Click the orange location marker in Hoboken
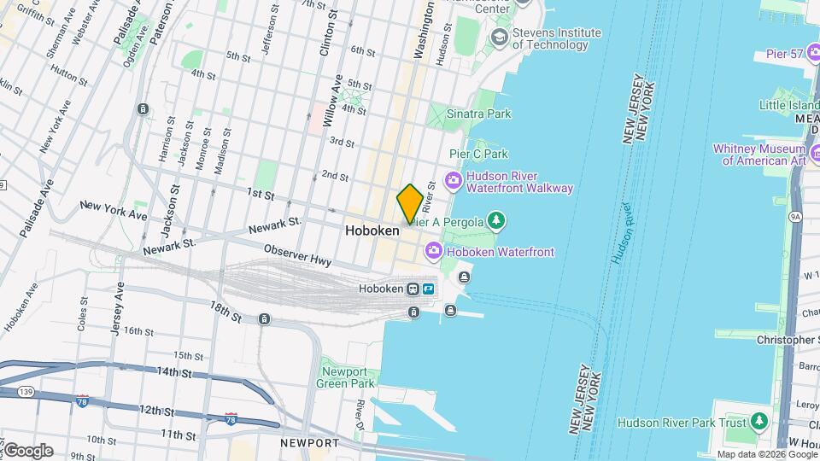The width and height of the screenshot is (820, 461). click(409, 204)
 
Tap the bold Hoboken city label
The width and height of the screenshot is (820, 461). click(372, 230)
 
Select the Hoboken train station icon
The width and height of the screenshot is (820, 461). click(413, 289)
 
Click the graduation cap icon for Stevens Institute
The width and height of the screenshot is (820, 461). click(498, 38)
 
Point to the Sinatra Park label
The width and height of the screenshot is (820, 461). click(481, 114)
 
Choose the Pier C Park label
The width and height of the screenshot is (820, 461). click(478, 154)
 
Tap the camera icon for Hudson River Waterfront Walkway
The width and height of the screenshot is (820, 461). click(453, 181)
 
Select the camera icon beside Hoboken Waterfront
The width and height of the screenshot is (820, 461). click(433, 251)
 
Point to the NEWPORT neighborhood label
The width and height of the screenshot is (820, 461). click(309, 443)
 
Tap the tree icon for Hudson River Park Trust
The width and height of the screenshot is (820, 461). click(758, 422)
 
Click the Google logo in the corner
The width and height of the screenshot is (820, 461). click(28, 450)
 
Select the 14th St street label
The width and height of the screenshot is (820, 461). click(175, 372)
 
